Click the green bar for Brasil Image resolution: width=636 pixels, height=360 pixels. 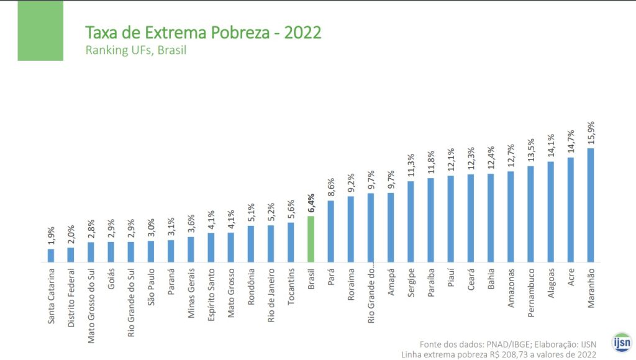[x=311, y=239]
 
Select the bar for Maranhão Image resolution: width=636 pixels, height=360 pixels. [x=591, y=205]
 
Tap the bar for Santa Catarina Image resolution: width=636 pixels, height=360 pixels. [x=51, y=255]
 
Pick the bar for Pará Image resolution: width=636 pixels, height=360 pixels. [x=331, y=231]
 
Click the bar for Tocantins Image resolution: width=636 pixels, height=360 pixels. [x=291, y=242]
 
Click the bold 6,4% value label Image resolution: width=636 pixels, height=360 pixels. [x=311, y=203]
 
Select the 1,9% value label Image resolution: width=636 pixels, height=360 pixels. [x=51, y=237]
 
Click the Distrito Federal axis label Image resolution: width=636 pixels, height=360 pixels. [x=71, y=297]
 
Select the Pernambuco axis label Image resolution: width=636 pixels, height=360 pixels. [x=531, y=291]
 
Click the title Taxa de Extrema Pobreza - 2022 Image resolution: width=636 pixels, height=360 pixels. [x=203, y=32]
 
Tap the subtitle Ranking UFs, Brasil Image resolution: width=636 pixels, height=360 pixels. [x=135, y=50]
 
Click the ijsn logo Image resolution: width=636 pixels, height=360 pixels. [x=621, y=342]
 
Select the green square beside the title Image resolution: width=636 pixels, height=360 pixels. [x=40, y=31]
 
